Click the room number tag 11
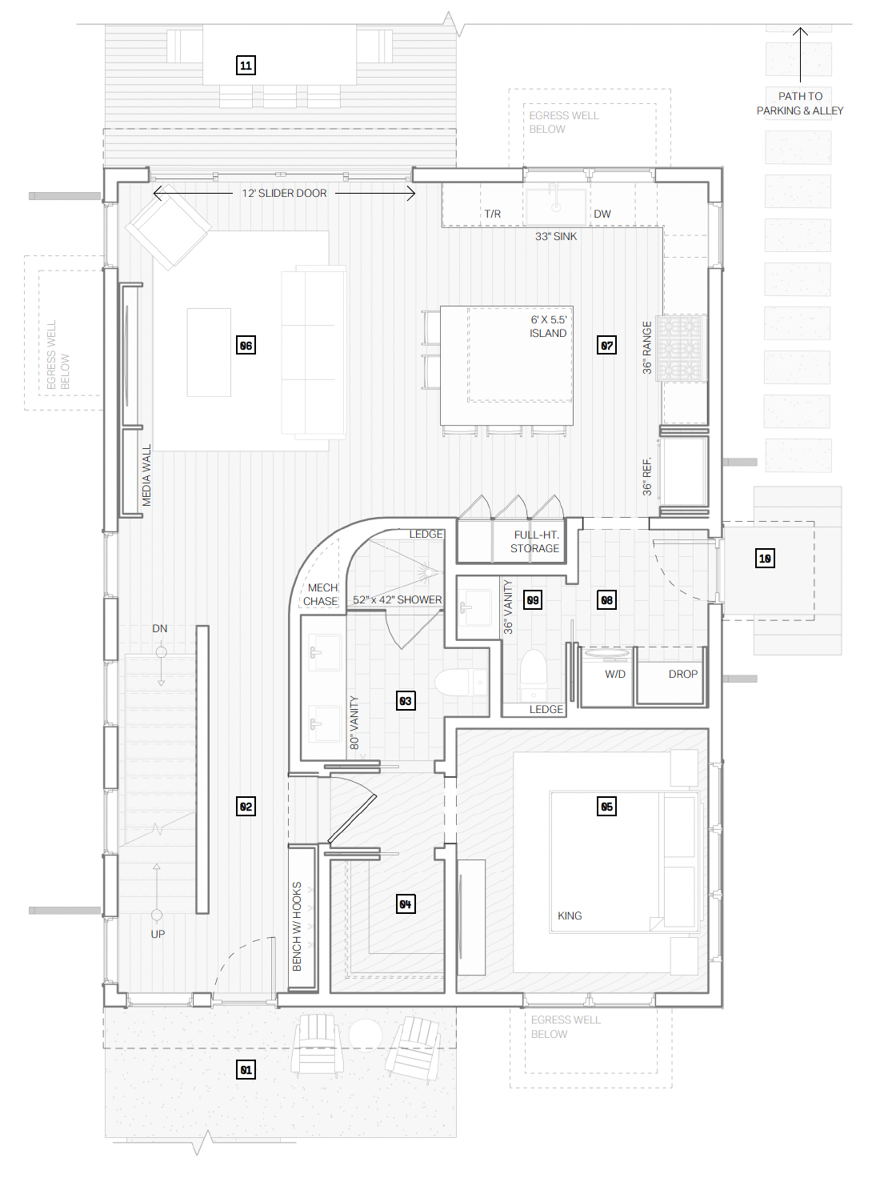click(x=246, y=66)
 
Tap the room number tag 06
click(x=246, y=345)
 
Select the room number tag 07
click(x=606, y=345)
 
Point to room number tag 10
click(x=765, y=558)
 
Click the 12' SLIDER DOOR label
click(x=284, y=193)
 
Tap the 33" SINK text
click(x=556, y=236)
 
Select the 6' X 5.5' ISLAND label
click(x=548, y=327)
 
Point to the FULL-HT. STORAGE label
click(x=534, y=542)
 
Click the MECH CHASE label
click(x=321, y=595)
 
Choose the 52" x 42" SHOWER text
click(x=398, y=599)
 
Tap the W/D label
click(x=615, y=674)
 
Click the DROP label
click(x=683, y=674)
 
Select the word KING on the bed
click(x=570, y=916)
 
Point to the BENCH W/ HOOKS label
click(x=297, y=927)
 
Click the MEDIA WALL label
click(x=146, y=475)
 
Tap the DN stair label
click(x=160, y=628)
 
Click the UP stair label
click(x=158, y=934)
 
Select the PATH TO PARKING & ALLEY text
click(x=800, y=103)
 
